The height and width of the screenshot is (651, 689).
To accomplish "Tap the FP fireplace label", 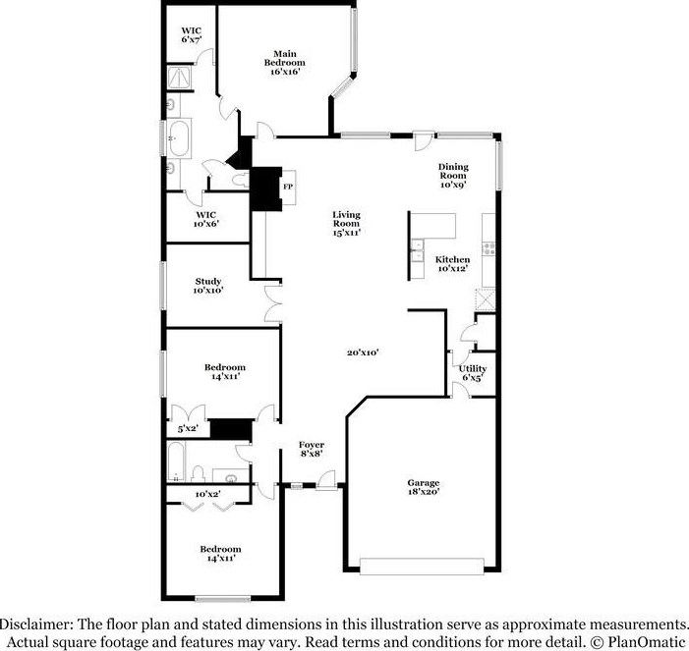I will (x=289, y=187).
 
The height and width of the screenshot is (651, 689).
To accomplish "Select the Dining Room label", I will (x=452, y=175).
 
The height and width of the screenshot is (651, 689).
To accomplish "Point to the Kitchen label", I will (x=452, y=263).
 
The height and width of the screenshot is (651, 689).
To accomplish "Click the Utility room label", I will (x=472, y=372).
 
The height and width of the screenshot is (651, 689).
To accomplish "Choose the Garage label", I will (x=424, y=487).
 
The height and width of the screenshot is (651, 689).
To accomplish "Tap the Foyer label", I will (x=312, y=450).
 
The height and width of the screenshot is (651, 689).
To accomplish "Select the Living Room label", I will (x=346, y=224).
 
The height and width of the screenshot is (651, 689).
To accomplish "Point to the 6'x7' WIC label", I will (x=191, y=35).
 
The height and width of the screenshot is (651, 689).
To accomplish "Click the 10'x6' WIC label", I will (x=205, y=218).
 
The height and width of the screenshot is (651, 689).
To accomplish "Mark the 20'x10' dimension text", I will (x=363, y=353).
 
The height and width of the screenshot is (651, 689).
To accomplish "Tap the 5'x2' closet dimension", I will (x=187, y=429).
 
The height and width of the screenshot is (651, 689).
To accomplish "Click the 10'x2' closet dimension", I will (x=206, y=494).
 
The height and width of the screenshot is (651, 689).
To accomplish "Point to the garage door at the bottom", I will (x=423, y=567).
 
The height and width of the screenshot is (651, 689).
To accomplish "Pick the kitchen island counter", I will (x=433, y=229).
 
